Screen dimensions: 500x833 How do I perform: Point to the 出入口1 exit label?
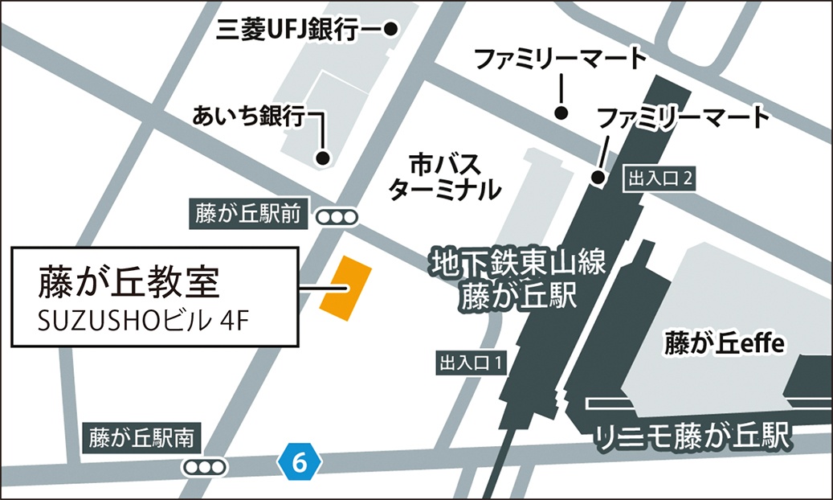(471, 363)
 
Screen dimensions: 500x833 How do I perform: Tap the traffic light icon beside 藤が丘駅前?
(336, 216)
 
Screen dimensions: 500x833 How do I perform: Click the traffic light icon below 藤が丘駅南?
(205, 467)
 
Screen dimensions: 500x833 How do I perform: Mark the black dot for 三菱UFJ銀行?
(391, 30)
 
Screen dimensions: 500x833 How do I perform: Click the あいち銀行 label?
(249, 117)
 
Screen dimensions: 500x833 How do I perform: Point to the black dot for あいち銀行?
(323, 158)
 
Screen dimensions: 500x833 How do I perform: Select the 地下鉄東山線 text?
(517, 263)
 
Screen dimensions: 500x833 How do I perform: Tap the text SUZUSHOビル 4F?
(145, 320)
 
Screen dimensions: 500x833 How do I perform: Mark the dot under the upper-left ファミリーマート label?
(561, 112)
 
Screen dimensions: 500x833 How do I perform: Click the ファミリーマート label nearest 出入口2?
(682, 118)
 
